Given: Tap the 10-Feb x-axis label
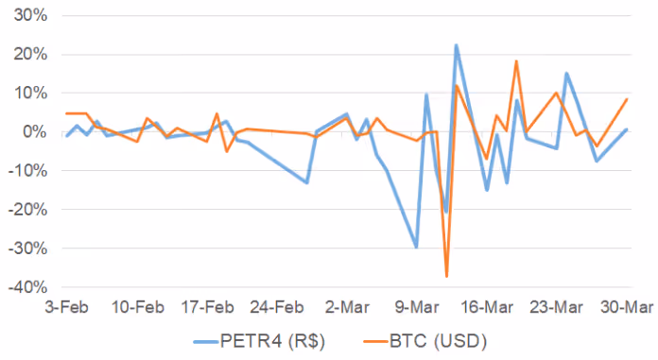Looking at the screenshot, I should pos(138,307).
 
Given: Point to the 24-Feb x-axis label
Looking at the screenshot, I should pos(279,307).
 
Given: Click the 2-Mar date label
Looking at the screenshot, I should pos(349,307).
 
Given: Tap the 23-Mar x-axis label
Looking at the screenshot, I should pos(559,307).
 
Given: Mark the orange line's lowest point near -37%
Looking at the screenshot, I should pos(446,276).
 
